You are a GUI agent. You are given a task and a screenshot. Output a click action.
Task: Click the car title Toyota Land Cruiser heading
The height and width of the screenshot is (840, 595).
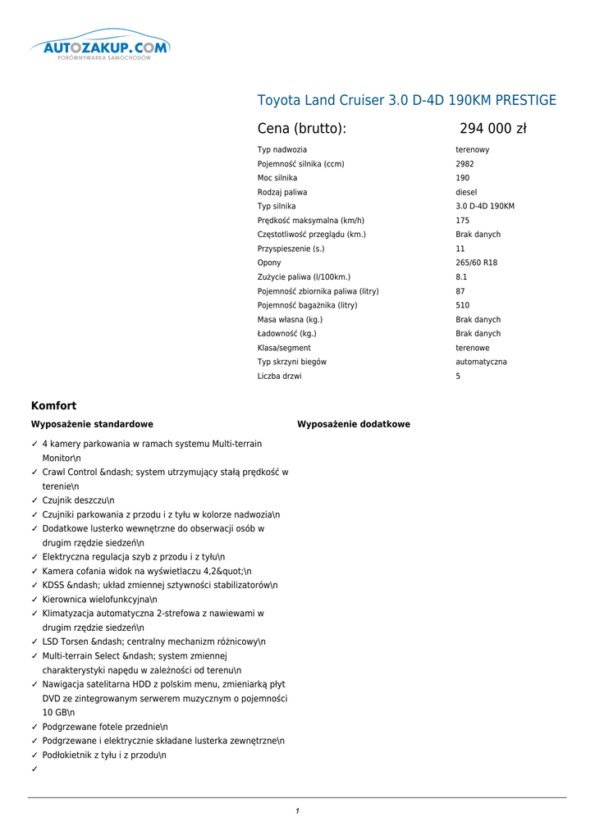pos(406,101)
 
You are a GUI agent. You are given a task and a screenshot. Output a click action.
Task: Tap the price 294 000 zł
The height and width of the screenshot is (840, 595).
pos(492,129)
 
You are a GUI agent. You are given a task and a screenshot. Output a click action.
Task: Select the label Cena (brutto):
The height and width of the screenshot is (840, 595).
pos(302,129)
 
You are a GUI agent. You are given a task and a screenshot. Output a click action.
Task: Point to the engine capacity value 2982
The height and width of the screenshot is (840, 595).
pos(465,164)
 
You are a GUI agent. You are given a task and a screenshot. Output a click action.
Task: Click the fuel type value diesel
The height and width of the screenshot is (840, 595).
pos(466,192)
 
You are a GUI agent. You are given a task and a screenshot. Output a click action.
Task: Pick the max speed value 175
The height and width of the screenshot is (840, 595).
pos(463,221)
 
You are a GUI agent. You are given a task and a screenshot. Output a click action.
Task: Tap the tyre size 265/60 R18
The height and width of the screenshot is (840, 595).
pos(476,263)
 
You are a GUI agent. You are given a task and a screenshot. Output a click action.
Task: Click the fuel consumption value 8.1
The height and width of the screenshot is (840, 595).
pos(461,277)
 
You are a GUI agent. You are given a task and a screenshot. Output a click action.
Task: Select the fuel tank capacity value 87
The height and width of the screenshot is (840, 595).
pos(460,291)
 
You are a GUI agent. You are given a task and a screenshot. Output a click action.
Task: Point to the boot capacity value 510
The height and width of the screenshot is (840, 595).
pos(463,305)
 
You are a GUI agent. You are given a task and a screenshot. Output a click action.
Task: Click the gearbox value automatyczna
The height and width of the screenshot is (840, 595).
pos(481,362)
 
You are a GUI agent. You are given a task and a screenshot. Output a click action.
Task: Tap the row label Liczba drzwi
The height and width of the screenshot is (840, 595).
pos(279,377)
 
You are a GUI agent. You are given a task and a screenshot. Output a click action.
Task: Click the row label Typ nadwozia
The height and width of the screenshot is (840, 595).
pos(282,150)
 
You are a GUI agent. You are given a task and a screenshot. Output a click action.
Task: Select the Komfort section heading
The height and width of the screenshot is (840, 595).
pos(53,406)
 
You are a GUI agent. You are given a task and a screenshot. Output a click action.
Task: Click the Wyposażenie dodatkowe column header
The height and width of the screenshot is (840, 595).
pos(353,425)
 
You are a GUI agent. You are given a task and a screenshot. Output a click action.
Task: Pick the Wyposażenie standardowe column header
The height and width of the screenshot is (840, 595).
pos(92,425)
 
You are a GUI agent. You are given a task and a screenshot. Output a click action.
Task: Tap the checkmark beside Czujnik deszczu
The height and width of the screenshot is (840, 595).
pos(34,500)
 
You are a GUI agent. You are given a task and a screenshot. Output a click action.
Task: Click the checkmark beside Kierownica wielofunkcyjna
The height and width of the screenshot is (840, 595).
pos(34,600)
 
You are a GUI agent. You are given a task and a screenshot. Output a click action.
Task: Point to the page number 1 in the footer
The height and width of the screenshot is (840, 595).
pos(297,811)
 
